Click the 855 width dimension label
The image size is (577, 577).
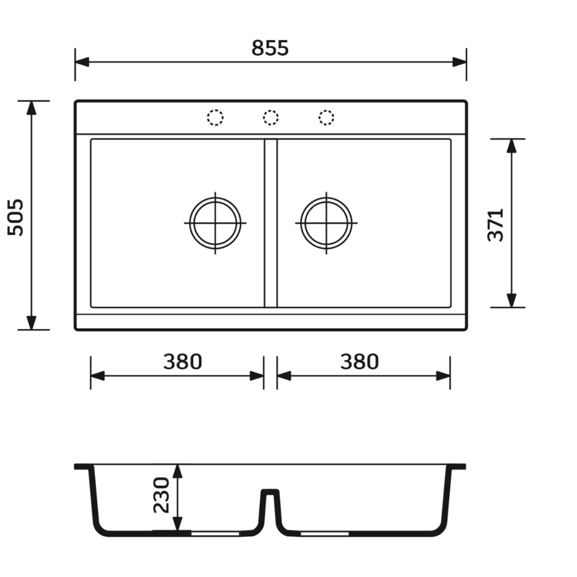pos(270,48)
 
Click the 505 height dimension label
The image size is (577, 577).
pos(15,217)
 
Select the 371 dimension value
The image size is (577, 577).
pos(495,225)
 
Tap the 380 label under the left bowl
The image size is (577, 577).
pos(183,362)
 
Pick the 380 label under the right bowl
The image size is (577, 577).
pos(359,362)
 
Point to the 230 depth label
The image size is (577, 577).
pos(161,495)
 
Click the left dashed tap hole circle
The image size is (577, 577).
pos(215,118)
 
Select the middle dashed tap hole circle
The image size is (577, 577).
pos(271,118)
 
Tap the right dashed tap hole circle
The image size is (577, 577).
pos(326,118)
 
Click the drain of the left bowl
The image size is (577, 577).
pos(215,223)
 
